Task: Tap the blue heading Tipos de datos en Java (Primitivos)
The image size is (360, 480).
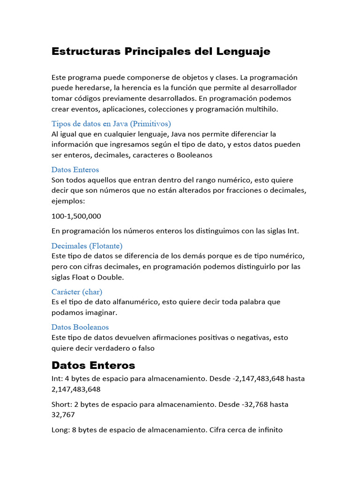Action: (x=111, y=124)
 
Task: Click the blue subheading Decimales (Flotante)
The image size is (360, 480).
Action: (x=87, y=246)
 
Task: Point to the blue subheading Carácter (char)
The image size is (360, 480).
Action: (x=77, y=292)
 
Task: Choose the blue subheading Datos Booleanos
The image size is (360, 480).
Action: (x=80, y=327)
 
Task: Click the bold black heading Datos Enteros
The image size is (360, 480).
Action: (x=93, y=365)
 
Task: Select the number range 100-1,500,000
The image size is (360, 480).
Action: (x=76, y=216)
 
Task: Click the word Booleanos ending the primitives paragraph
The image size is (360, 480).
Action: (x=195, y=155)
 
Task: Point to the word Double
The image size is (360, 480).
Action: (x=110, y=277)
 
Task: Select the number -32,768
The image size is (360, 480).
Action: (x=255, y=404)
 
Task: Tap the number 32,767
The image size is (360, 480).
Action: (x=63, y=415)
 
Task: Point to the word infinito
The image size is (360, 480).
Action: (x=268, y=429)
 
